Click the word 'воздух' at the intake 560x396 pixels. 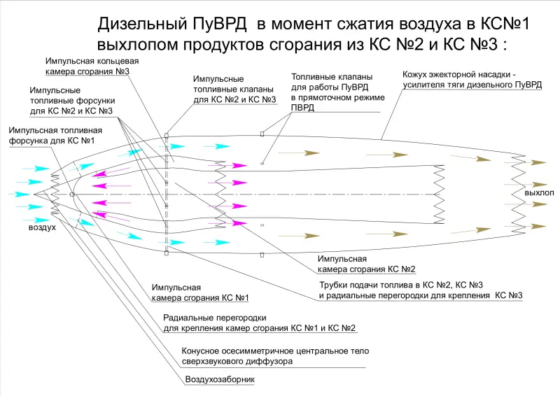tap(42, 227)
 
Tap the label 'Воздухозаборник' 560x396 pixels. tap(220, 380)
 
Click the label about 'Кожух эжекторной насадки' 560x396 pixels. tap(472, 79)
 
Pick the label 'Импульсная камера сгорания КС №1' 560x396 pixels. tap(200, 292)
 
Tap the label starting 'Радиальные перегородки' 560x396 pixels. tap(259, 323)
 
